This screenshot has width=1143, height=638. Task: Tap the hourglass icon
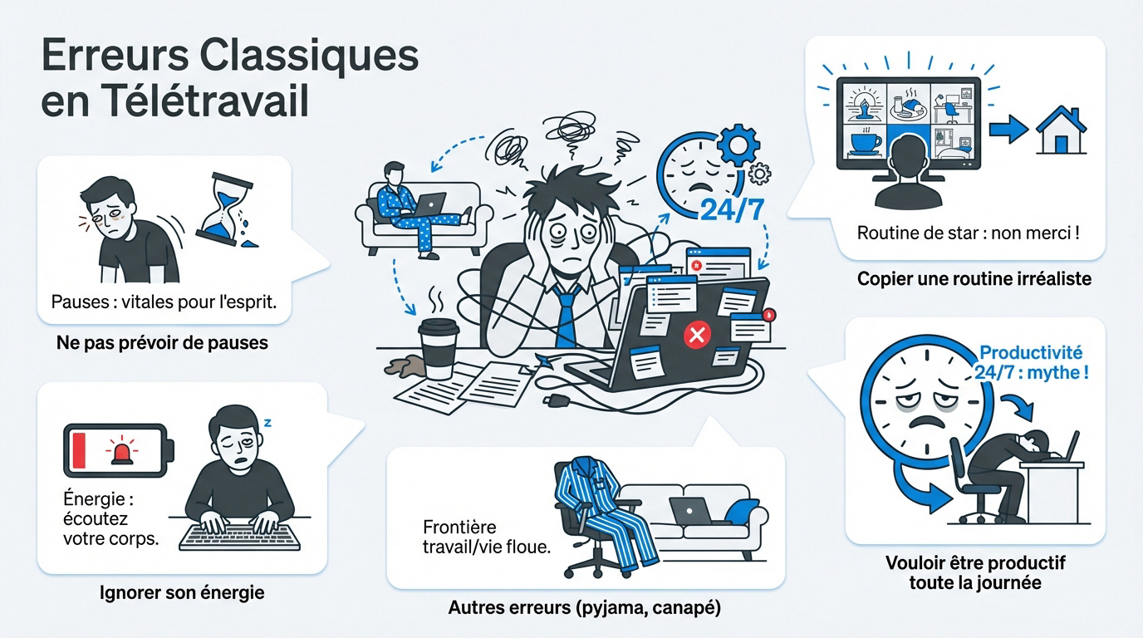227,210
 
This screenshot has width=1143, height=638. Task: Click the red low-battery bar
79,450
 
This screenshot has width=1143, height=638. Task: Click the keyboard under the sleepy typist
239,537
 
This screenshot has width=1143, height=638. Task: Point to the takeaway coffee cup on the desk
438,348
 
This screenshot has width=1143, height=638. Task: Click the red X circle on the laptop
697,336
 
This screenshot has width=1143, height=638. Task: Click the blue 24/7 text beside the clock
732,209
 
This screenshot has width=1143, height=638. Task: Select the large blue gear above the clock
738,145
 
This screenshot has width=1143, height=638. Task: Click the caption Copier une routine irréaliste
974,278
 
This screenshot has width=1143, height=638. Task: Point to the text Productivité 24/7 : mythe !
1031,362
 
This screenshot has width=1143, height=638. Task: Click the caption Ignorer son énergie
182,592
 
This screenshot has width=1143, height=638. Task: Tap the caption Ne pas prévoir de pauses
162,342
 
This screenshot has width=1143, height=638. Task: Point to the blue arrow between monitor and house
1008,130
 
